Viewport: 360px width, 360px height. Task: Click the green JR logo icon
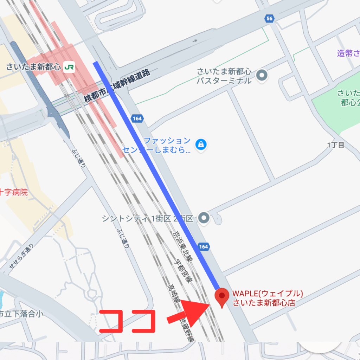click(x=69, y=67)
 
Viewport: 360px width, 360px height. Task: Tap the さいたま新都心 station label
click(x=33, y=67)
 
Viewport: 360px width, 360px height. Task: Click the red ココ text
click(x=127, y=321)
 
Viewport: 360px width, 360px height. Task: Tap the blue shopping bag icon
click(x=201, y=144)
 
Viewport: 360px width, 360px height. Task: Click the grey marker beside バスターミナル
click(x=261, y=75)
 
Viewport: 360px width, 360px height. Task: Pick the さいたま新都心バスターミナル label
click(x=224, y=76)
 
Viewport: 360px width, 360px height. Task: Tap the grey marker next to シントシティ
click(x=204, y=218)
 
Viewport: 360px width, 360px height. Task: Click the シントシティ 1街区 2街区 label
click(x=148, y=219)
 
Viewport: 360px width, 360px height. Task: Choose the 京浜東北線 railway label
click(x=182, y=247)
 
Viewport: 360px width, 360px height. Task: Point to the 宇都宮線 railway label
click(x=184, y=271)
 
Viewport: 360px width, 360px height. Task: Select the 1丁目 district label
click(x=336, y=145)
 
